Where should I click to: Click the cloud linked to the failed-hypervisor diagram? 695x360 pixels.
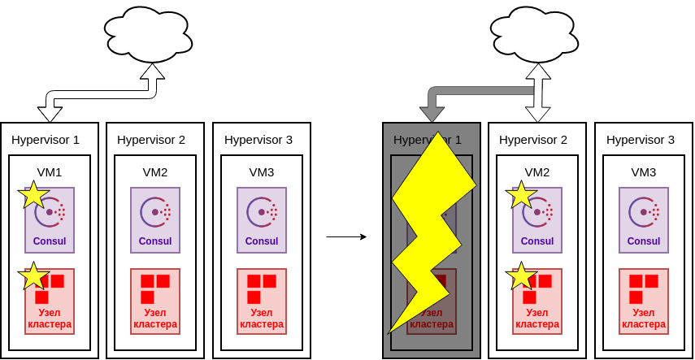[535, 35]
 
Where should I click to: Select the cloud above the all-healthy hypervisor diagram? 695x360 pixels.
[149, 35]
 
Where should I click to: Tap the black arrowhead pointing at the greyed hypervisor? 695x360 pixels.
[432, 114]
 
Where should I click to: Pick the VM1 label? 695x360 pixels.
[50, 171]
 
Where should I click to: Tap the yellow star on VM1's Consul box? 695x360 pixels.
[33, 195]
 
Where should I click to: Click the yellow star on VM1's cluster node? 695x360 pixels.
[33, 276]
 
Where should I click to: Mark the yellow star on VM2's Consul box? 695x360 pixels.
[520, 195]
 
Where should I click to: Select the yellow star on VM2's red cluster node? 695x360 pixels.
[520, 276]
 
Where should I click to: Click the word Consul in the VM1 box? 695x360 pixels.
[50, 241]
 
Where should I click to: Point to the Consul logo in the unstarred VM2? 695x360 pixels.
[154, 212]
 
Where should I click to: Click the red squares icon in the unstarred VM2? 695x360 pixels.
[154, 288]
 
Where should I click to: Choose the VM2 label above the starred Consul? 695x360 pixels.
[537, 171]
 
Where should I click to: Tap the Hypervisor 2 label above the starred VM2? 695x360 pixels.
[533, 139]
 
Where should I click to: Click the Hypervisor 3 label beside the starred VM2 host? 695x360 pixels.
[641, 139]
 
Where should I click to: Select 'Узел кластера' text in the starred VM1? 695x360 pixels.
[50, 318]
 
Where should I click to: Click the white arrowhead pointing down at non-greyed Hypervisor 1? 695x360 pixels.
[50, 114]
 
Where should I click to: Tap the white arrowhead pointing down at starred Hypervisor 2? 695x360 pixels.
[537, 114]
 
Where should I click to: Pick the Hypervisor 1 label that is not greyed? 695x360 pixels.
[46, 139]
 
